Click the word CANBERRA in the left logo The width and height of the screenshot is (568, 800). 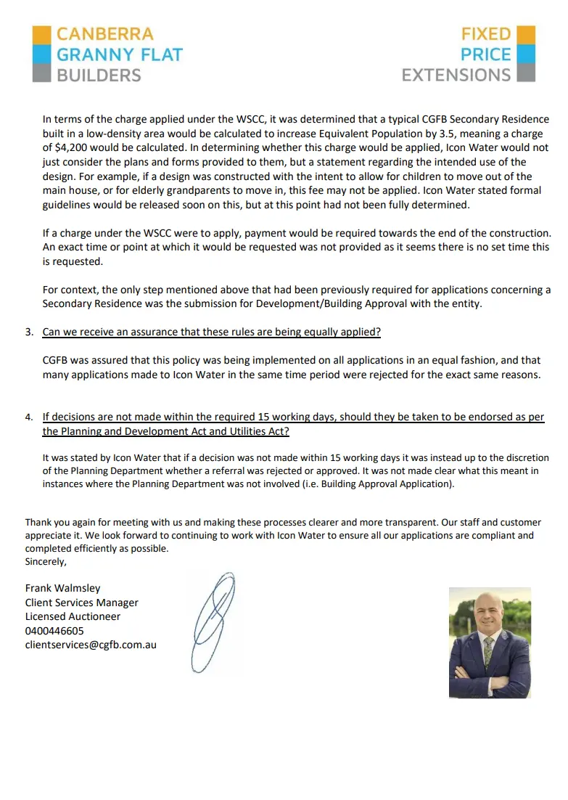pyautogui.click(x=105, y=34)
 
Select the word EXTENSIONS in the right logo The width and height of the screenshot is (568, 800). pyautogui.click(x=456, y=75)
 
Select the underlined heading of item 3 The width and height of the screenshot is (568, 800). pyautogui.click(x=212, y=332)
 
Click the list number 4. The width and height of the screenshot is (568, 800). pyautogui.click(x=29, y=417)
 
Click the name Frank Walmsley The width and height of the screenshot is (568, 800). pyautogui.click(x=63, y=588)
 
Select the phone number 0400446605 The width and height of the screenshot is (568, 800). pyautogui.click(x=54, y=631)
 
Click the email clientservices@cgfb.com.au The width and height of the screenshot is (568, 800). pyautogui.click(x=91, y=645)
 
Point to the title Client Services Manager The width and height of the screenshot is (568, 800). pyautogui.click(x=81, y=603)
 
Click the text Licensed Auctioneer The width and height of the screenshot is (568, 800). pyautogui.click(x=73, y=616)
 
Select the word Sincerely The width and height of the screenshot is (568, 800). pyautogui.click(x=45, y=561)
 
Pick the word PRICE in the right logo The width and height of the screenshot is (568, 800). pyautogui.click(x=485, y=54)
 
